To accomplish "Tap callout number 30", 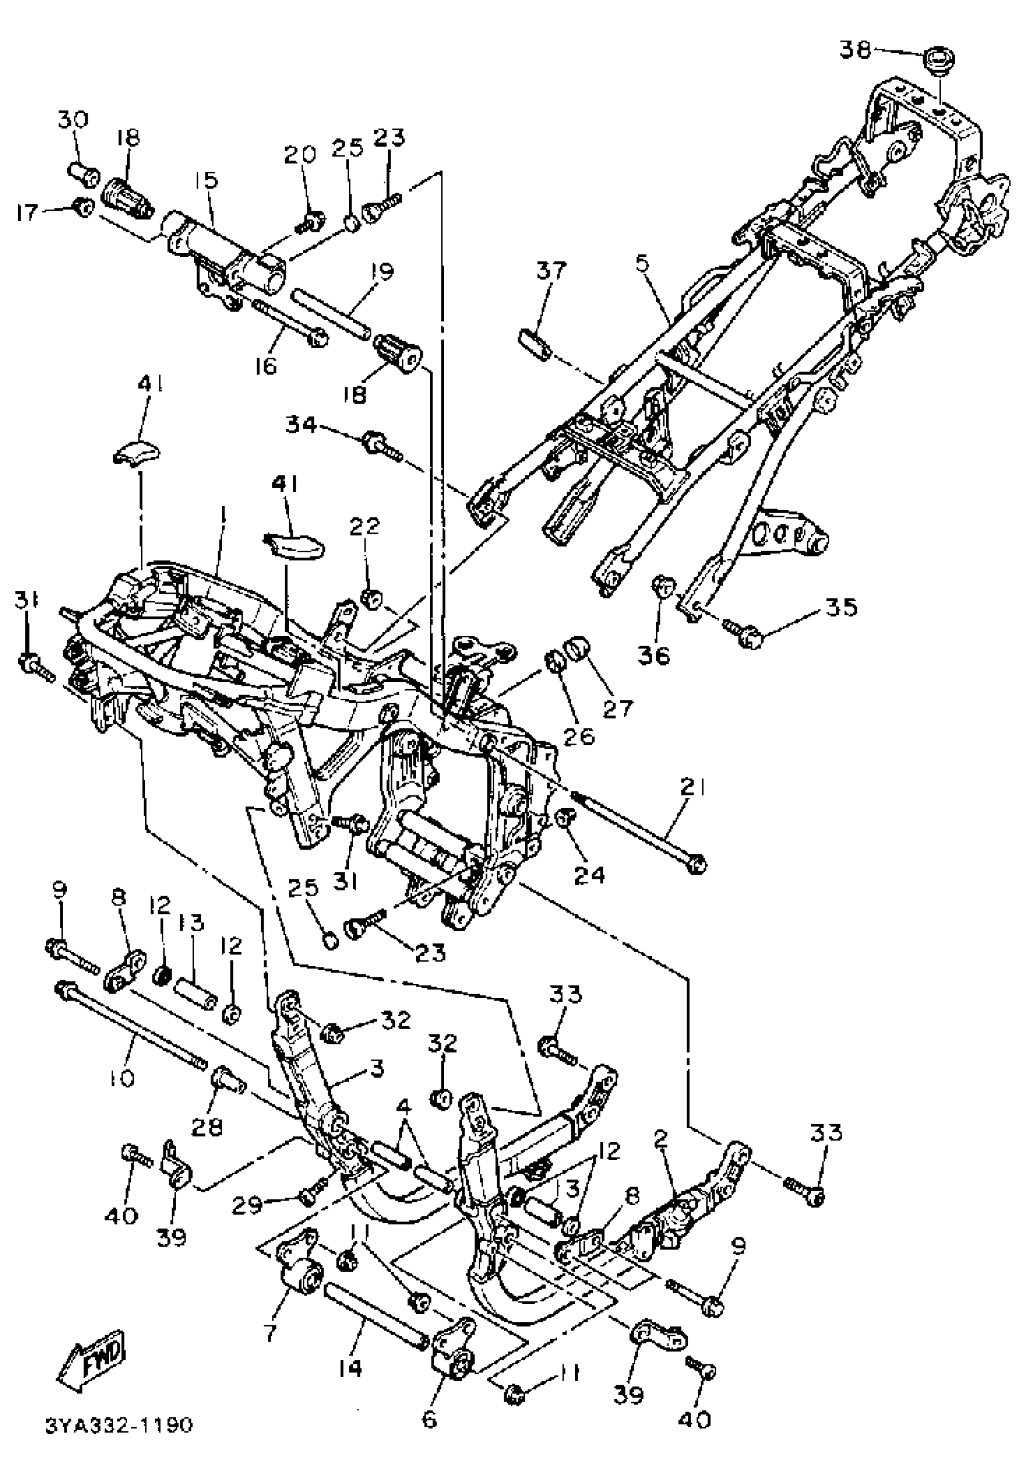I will click(x=73, y=120).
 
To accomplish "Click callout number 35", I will click(x=840, y=607).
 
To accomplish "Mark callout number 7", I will click(x=269, y=1331).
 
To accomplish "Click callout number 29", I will click(x=247, y=1205).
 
